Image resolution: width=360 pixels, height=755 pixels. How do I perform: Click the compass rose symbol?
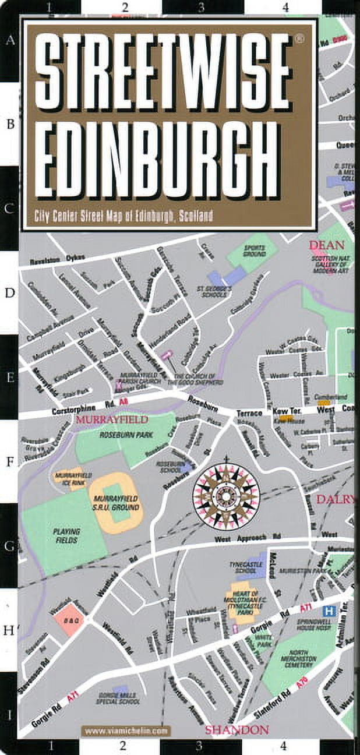click(x=227, y=496)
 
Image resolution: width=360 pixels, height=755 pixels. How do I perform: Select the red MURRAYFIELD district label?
click(x=111, y=419)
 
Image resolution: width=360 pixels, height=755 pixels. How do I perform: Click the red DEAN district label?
click(x=327, y=245)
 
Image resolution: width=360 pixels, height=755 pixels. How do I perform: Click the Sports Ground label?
click(x=255, y=251)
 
